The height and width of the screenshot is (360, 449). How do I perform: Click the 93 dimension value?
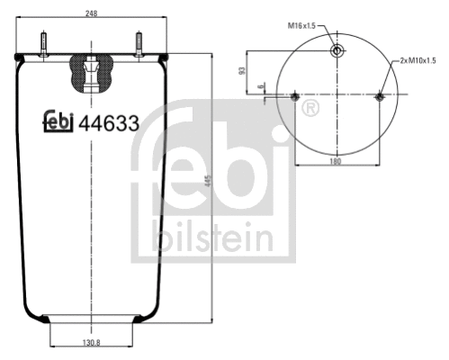click(241, 71)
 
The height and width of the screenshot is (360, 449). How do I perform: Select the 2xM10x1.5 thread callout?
click(418, 59)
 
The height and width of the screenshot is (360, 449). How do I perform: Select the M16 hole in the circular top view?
click(337, 50)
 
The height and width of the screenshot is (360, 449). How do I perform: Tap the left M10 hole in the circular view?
click(295, 96)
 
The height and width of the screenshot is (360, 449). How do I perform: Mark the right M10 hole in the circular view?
click(379, 96)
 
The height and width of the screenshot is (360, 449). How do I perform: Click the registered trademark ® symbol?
click(311, 109)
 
